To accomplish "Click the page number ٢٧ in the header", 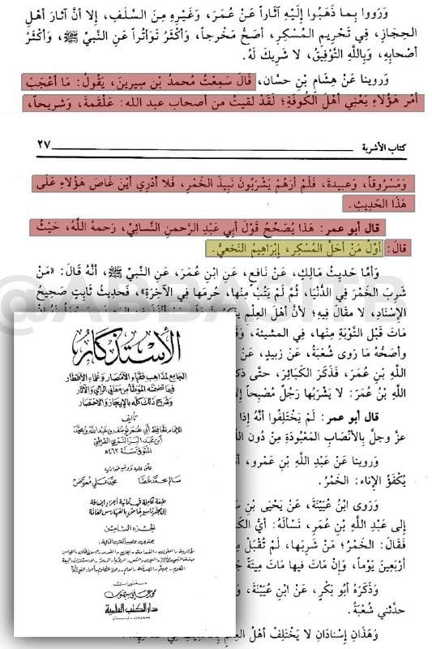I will (32, 144).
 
